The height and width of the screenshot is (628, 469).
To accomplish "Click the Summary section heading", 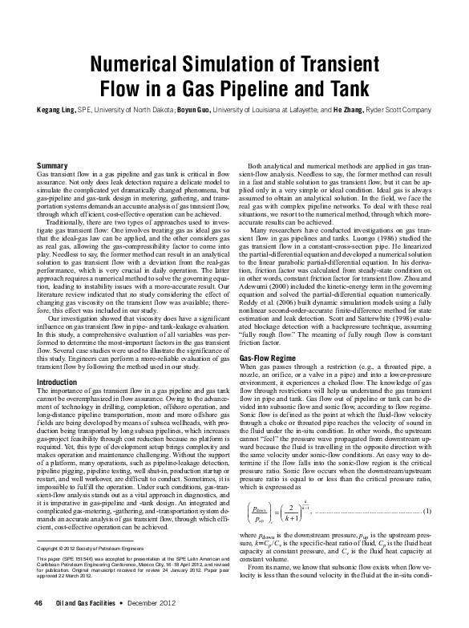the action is tap(53, 166).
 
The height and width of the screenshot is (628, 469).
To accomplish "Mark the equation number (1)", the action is tap(427, 512).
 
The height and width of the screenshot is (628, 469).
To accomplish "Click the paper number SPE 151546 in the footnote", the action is tap(71, 553).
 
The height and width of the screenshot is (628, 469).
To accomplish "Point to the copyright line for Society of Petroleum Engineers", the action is tap(89, 545).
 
